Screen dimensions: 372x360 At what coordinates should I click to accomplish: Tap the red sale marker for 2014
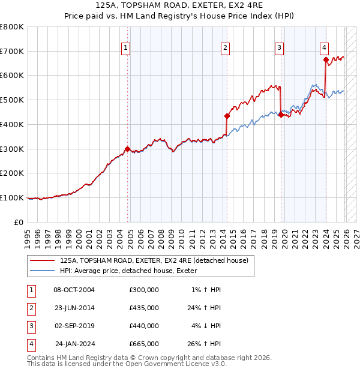tap(227, 116)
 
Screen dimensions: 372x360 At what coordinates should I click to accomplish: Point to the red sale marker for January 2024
tap(326, 59)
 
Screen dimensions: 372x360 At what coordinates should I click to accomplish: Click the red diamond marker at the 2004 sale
tap(127, 149)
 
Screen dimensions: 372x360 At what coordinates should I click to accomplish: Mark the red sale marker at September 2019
tap(281, 115)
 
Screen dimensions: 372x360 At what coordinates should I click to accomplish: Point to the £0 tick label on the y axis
tap(19, 222)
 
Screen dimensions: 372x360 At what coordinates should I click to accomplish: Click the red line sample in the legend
tap(41, 260)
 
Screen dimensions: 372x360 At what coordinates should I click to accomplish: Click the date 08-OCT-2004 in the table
tap(74, 290)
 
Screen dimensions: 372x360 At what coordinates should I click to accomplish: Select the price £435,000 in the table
tap(144, 308)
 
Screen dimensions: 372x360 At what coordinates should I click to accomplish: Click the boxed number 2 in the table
tap(29, 308)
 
